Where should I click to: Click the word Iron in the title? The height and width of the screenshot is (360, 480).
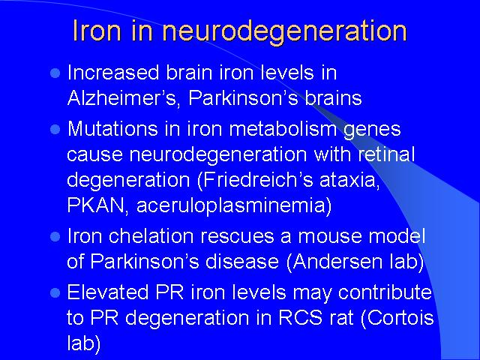click(97, 31)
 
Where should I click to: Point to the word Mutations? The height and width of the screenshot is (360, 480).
click(112, 128)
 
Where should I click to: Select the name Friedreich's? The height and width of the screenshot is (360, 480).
click(258, 179)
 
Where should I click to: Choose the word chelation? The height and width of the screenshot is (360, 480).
click(151, 235)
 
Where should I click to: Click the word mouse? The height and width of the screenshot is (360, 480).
click(331, 236)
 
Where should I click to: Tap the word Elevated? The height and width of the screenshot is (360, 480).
click(108, 292)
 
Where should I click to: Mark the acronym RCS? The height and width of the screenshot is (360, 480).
click(300, 317)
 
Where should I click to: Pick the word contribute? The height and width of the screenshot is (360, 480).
click(385, 292)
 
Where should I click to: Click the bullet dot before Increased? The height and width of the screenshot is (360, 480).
click(55, 73)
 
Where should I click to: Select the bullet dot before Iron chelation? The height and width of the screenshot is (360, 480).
click(55, 237)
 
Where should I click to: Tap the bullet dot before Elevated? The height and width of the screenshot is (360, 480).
click(55, 292)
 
